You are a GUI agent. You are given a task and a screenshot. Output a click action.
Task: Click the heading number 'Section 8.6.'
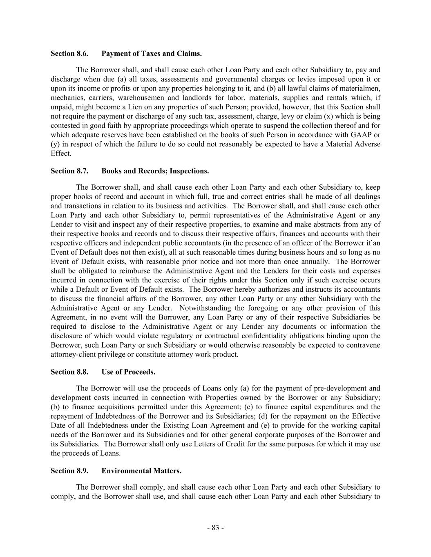click(x=69, y=53)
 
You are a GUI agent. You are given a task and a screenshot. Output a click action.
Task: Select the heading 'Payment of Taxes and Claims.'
click(x=151, y=53)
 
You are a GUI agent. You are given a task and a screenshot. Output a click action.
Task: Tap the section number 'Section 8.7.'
click(x=69, y=171)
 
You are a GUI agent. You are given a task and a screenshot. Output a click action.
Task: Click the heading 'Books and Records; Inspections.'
click(x=155, y=171)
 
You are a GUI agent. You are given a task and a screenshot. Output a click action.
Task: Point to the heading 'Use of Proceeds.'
click(x=128, y=372)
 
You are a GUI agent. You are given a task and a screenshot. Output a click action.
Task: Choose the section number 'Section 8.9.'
click(x=69, y=471)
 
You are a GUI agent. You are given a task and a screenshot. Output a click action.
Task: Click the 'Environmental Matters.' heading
click(x=141, y=471)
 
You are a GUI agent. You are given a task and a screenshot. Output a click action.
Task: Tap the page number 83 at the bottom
click(x=215, y=528)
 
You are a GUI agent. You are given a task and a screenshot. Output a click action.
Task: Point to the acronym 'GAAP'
click(x=363, y=135)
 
